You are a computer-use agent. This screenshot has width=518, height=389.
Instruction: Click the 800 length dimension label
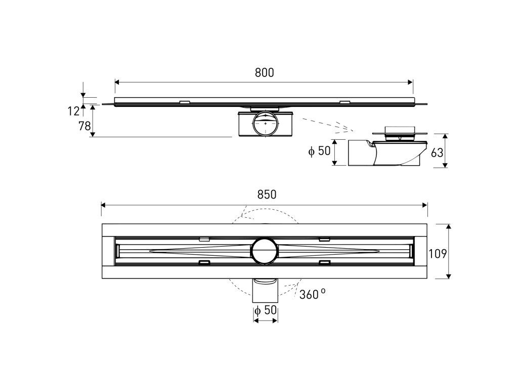click(264, 72)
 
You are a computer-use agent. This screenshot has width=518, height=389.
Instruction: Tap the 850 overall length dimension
click(267, 194)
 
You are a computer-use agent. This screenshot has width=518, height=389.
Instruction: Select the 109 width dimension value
click(438, 254)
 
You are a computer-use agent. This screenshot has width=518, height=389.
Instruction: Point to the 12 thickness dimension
click(74, 111)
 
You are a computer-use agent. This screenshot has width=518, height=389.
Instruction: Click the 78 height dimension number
click(84, 126)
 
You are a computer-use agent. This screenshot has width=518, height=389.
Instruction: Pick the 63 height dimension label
click(437, 153)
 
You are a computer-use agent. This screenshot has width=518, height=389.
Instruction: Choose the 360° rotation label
click(313, 294)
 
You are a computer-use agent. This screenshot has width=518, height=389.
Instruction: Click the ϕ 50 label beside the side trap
click(319, 151)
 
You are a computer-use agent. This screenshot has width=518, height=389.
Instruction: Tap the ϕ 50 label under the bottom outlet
click(266, 310)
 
